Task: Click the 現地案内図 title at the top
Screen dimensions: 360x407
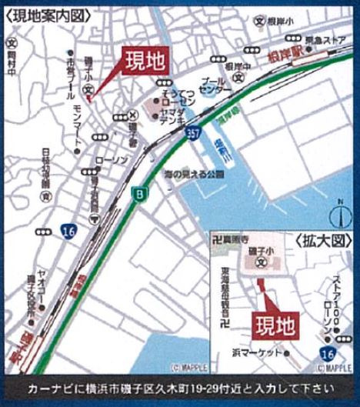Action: click(47, 14)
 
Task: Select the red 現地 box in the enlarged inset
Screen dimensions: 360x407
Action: click(275, 324)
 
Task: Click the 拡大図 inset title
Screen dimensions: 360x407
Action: click(315, 241)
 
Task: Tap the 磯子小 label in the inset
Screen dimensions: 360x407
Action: click(262, 253)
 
